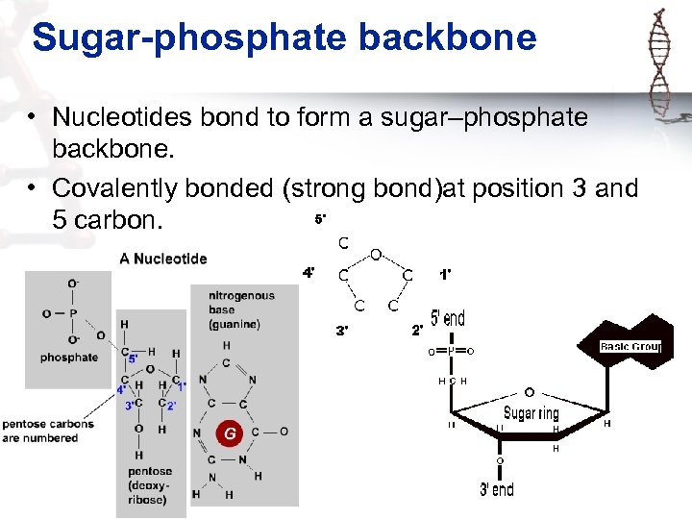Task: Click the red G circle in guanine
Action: click(230, 433)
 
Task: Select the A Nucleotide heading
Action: click(162, 259)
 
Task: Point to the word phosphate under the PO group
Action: click(69, 358)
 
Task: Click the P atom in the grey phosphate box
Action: click(73, 313)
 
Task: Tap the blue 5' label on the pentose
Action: click(133, 358)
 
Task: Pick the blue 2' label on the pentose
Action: click(171, 406)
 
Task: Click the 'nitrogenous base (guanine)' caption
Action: click(240, 309)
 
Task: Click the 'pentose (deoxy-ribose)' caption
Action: click(150, 485)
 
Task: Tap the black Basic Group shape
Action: click(630, 346)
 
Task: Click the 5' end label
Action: click(447, 318)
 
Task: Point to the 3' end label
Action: click(497, 489)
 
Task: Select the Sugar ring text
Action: click(531, 413)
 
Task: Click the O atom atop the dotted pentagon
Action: click(377, 255)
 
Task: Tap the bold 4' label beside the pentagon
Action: click(309, 273)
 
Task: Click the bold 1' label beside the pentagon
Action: click(446, 274)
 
